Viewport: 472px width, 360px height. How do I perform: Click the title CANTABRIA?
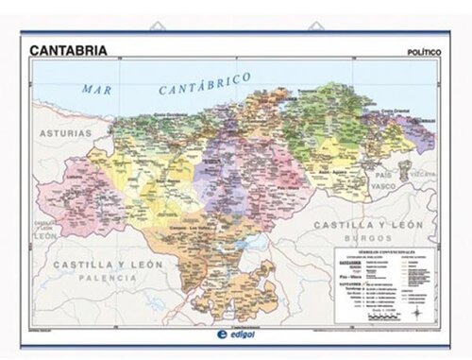68,49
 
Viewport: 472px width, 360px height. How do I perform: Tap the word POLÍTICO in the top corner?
422,51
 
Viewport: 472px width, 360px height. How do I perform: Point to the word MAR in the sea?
97,88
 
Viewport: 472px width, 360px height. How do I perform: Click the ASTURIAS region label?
65,134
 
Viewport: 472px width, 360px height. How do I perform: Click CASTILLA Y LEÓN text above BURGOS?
367,225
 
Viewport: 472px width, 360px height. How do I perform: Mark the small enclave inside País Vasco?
404,171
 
